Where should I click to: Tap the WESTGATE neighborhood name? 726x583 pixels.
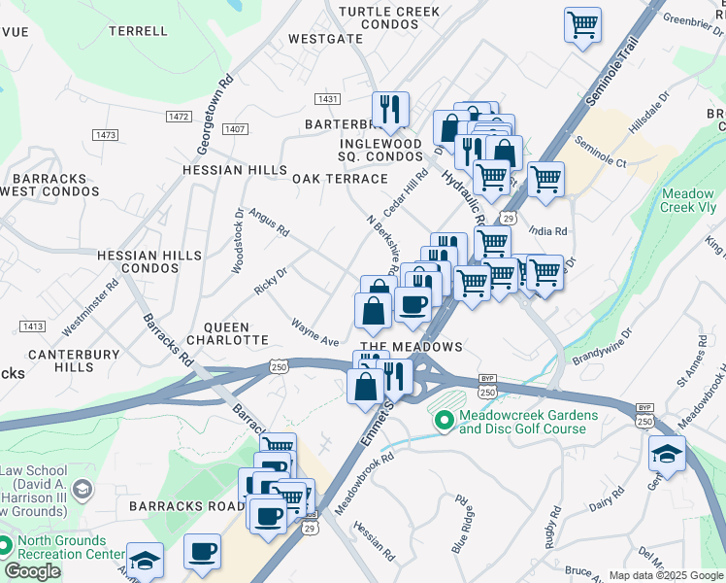326,40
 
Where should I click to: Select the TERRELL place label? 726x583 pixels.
139,31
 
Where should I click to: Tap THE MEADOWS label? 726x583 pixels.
411,347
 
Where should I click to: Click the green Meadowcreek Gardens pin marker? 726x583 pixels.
444,421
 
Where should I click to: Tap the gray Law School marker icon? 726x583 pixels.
82,489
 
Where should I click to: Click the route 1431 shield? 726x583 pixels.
328,99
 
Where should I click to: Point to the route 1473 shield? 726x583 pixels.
106,134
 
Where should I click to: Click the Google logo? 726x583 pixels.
33,571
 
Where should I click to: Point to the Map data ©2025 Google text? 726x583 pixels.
666,575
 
